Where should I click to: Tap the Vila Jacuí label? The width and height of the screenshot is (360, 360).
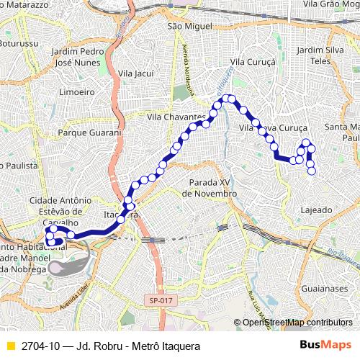point(136,73)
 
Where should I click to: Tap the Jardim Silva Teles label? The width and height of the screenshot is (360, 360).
point(320,55)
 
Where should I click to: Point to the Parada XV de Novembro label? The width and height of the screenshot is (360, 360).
point(210,189)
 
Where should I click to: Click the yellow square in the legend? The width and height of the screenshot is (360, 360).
point(9,346)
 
